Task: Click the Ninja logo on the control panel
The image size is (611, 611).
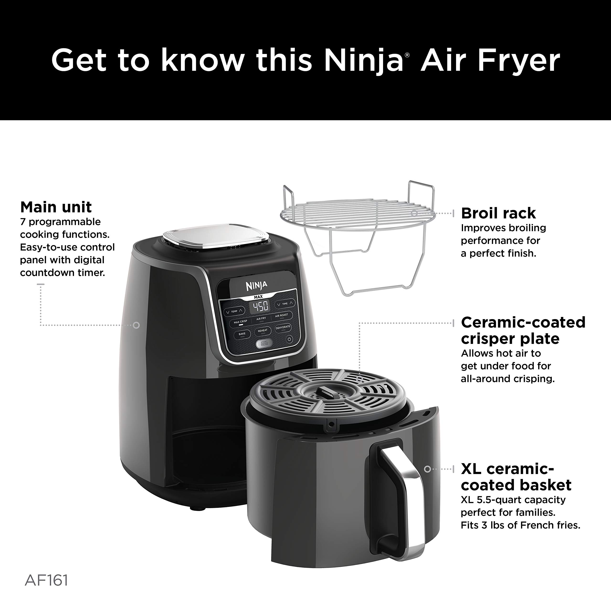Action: (x=257, y=286)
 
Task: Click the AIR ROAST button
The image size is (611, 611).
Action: (x=281, y=316)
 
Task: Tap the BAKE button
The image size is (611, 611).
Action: (x=242, y=334)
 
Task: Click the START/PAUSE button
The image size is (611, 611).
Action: (x=264, y=344)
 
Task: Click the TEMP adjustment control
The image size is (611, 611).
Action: (x=234, y=311)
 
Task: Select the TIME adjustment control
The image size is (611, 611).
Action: (x=285, y=304)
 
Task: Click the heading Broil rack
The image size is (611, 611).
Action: (x=498, y=213)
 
